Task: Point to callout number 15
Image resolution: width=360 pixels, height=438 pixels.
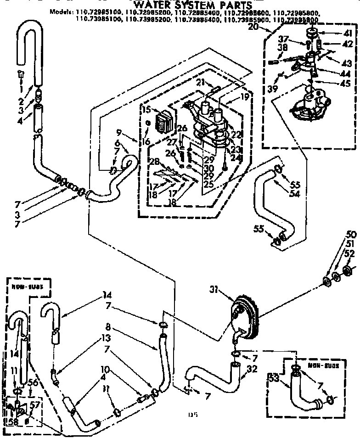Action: coord(146,109)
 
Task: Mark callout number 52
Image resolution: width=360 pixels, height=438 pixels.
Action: coord(349,254)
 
